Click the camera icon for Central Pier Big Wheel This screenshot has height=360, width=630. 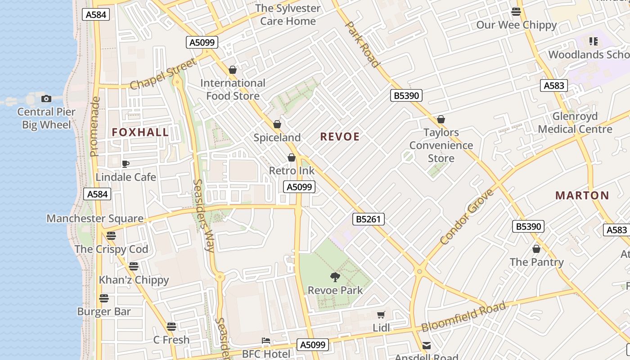(46, 99)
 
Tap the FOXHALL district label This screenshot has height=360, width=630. (140, 132)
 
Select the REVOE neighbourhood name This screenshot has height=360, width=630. (340, 137)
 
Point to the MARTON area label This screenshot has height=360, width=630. (582, 196)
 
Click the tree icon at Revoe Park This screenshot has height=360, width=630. (335, 277)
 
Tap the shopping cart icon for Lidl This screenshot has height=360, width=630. (381, 315)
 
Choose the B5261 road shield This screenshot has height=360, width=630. (368, 219)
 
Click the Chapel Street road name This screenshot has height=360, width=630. (163, 74)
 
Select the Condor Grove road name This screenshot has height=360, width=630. (467, 217)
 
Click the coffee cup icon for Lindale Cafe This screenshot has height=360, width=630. (126, 164)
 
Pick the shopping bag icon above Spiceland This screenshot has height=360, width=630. (277, 124)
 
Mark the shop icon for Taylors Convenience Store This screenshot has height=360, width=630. (441, 119)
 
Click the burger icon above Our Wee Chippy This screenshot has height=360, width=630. (516, 11)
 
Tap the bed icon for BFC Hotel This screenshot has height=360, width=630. (266, 341)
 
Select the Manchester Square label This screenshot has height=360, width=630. (95, 219)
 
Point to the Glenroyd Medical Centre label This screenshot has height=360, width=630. (575, 123)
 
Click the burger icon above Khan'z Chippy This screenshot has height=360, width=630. (134, 266)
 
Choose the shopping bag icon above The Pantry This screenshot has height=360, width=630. (536, 249)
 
